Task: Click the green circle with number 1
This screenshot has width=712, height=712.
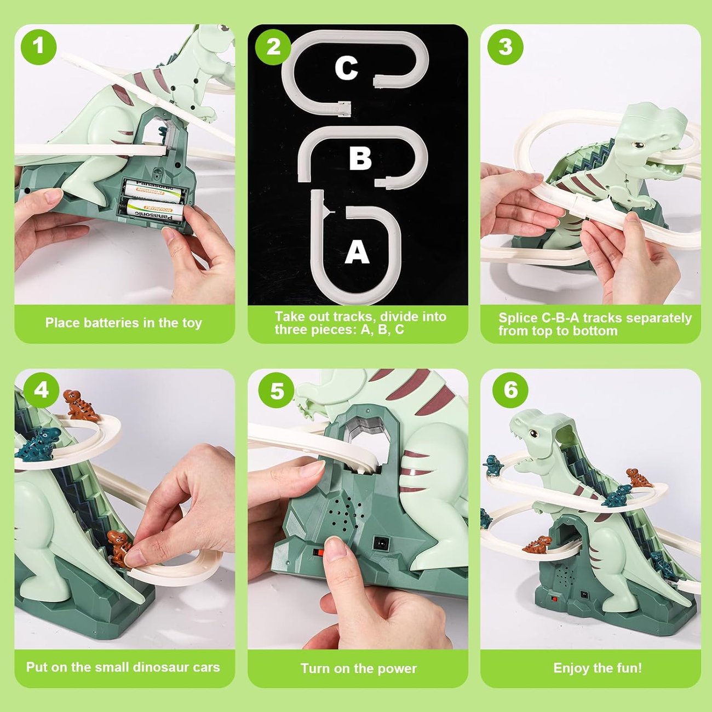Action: point(38,46)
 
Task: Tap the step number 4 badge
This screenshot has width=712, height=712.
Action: point(41,390)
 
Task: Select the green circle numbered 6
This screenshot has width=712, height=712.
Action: point(510,390)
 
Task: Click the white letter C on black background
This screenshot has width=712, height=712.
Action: point(346,68)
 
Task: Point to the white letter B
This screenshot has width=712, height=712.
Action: point(360,158)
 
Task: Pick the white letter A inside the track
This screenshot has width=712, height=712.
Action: point(357,253)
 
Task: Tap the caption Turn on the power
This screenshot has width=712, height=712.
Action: point(358,668)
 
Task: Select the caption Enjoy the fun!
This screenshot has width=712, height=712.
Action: point(597,668)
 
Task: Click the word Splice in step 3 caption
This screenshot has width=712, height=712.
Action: point(518,318)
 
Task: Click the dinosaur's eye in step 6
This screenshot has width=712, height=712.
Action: point(531,433)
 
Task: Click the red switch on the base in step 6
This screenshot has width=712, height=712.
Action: point(556,600)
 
